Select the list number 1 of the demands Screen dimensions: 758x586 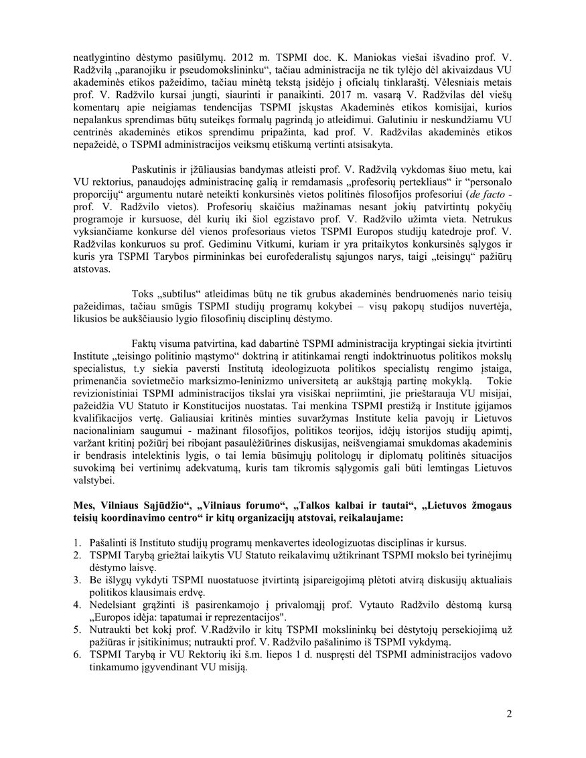tap(77, 542)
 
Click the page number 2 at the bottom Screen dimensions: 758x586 tap(509, 714)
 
